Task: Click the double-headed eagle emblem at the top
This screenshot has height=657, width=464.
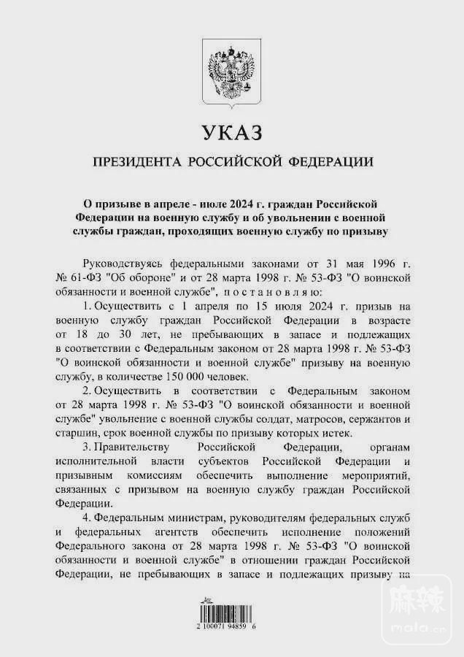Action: point(231,73)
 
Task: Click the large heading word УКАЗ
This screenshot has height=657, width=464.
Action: point(231,134)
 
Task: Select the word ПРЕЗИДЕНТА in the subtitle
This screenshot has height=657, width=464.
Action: point(136,162)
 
